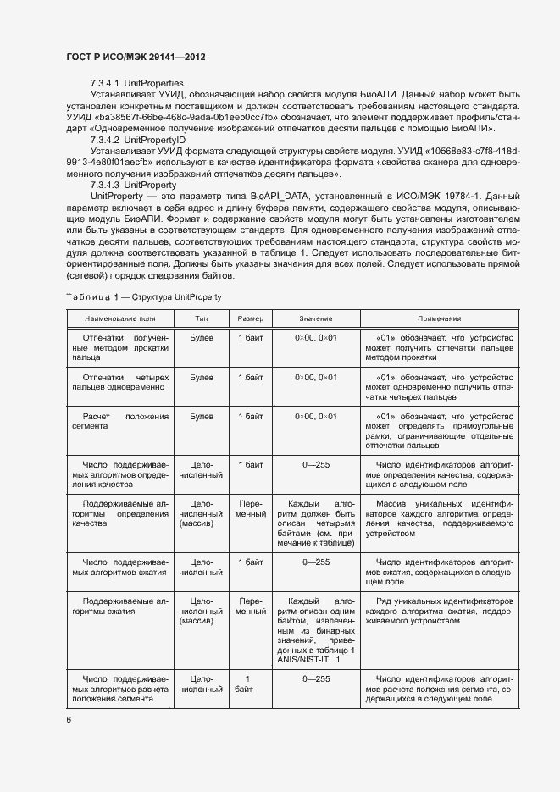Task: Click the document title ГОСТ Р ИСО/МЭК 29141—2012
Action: [136, 57]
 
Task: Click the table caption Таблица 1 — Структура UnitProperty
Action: [143, 297]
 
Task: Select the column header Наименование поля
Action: [119, 319]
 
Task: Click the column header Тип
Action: [201, 319]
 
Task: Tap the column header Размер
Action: [250, 319]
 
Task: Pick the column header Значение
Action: [315, 319]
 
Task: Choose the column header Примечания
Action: [438, 319]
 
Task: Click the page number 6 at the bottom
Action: [69, 719]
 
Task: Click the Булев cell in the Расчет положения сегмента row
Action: [201, 417]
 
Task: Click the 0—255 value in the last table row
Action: [315, 678]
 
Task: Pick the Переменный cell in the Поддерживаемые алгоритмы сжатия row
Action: [250, 606]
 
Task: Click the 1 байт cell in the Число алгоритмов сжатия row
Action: [250, 562]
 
